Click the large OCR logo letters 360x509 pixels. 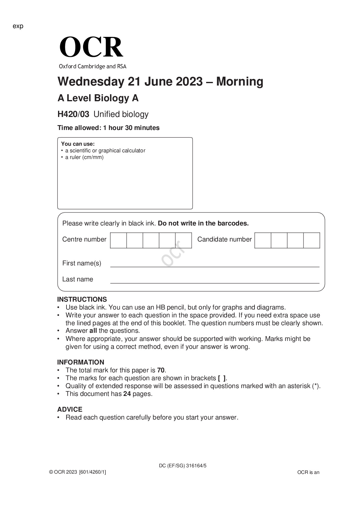tap(91, 47)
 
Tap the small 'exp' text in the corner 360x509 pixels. tap(18, 26)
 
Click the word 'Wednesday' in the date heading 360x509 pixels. tap(91, 82)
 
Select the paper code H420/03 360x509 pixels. tap(73, 114)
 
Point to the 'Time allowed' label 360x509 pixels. tap(79, 128)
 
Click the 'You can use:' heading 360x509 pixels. tap(78, 144)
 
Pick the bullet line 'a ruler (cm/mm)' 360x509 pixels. tap(84, 157)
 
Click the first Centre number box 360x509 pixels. tap(118, 240)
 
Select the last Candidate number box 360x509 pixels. tap(312, 240)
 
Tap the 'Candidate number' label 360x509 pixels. tap(224, 239)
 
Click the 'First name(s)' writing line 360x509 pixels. tap(215, 266)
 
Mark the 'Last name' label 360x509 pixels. tap(78, 279)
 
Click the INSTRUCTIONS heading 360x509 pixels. tap(82, 299)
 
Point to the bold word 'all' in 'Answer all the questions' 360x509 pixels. tap(93, 331)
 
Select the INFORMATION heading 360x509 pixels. tap(81, 362)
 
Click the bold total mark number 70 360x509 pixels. tap(161, 370)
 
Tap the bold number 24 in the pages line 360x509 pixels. tap(127, 394)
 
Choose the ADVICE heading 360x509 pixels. tap(70, 409)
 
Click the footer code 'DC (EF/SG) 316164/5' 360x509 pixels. tap(183, 466)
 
